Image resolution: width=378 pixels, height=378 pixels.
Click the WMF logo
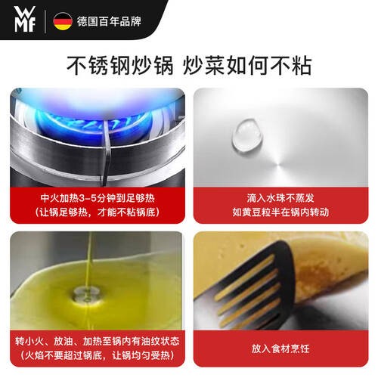tap(25, 19)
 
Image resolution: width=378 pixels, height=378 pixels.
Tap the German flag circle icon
tap(63, 21)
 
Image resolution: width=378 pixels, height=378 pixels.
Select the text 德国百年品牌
tap(109, 21)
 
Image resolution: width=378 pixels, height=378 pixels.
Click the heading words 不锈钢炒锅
tap(120, 66)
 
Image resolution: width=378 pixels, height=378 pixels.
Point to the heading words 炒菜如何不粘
tap(247, 66)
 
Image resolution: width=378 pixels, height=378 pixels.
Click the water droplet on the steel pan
tap(247, 135)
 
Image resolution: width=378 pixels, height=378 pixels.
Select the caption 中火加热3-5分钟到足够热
tap(98, 198)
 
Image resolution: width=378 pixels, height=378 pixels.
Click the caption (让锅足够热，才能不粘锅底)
tap(98, 212)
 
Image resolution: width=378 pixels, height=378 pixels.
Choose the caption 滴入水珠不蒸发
tap(280, 198)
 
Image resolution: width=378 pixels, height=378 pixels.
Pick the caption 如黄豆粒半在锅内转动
tap(280, 212)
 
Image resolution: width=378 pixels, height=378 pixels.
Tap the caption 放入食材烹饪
tap(280, 349)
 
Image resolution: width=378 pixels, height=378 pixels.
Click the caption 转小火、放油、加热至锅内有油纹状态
tap(98, 342)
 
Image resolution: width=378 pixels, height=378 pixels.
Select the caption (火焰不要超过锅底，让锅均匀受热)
tap(98, 355)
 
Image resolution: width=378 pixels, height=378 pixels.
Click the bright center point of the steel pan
tap(279, 164)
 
